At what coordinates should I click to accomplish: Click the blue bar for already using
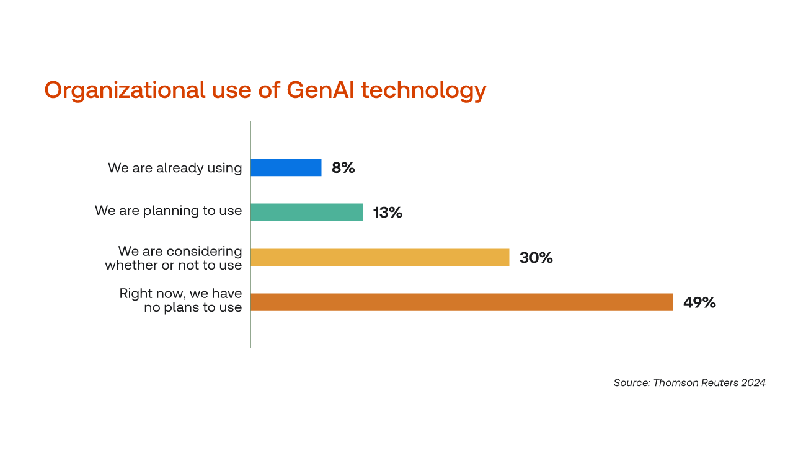coord(286,167)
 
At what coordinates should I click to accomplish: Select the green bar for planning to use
coord(307,213)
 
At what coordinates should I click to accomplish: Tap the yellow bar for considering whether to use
coord(380,257)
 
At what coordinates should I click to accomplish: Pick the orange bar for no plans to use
coord(462,302)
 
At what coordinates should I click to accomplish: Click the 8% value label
coord(343,168)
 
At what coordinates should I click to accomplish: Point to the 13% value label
coord(387,213)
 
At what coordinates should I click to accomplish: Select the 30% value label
coord(536,258)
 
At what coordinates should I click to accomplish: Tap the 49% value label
coord(699,302)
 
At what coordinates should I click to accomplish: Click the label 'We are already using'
coord(175,169)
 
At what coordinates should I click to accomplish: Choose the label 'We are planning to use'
coord(169,211)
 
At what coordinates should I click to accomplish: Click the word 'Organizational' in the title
coord(125,90)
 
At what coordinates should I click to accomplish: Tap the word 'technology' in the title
coord(423,90)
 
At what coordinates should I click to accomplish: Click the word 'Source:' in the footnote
coord(632,383)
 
